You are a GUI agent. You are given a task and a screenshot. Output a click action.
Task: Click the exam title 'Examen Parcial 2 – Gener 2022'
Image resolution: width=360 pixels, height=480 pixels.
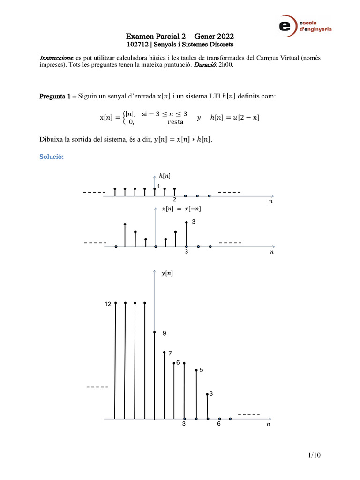pos(180,37)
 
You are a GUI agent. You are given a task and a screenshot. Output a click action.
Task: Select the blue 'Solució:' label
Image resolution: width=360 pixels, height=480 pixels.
pos(51,157)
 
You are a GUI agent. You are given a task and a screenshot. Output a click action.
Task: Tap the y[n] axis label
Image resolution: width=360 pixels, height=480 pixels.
pos(166,273)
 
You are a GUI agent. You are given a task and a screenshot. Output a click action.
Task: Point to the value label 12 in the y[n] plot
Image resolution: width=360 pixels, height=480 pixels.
pos(108,304)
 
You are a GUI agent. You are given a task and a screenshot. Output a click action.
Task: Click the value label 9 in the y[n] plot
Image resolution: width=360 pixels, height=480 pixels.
pos(165,333)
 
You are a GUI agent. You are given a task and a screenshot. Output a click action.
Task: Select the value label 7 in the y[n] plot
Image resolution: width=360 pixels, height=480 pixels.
pos(170,353)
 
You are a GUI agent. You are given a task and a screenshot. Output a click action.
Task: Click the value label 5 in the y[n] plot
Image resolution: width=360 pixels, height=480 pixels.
pos(201,370)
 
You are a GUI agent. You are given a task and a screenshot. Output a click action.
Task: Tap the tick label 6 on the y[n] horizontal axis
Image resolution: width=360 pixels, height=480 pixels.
pos(218,424)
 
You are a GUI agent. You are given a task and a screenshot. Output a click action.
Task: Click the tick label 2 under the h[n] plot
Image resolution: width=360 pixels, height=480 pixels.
pos(174,199)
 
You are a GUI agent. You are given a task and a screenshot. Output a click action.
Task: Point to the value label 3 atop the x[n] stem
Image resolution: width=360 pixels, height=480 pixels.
pos(193,221)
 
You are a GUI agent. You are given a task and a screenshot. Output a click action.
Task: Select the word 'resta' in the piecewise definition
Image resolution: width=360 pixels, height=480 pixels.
pos(175,122)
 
